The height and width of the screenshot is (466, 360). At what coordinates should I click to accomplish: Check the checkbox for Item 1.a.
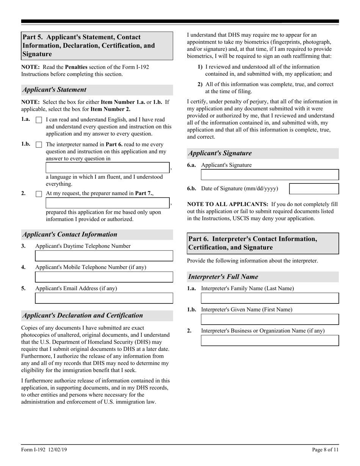point(39,120)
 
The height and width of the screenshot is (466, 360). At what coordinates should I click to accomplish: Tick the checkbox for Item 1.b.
point(39,145)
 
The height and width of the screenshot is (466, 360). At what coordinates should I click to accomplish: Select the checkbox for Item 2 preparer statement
point(39,194)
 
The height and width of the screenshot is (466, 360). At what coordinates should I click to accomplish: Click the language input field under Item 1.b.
point(108,167)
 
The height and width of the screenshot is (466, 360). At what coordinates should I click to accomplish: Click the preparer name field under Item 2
point(108,203)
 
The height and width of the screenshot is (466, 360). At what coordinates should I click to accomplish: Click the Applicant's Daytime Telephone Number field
point(104,256)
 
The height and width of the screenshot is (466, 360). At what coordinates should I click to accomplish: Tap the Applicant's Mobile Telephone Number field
point(104,277)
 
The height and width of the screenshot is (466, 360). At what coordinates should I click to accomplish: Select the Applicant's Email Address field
point(104,299)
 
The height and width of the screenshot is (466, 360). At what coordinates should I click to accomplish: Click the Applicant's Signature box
point(269,175)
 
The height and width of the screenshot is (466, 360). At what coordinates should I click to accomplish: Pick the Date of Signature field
point(314,189)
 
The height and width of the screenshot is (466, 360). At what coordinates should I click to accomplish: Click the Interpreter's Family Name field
point(269,298)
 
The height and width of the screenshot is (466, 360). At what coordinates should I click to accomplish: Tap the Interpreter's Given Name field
point(269,319)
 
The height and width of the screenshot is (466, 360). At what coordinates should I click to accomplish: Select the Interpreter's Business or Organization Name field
point(269,341)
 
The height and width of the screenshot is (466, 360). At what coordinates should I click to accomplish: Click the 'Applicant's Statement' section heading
point(54,90)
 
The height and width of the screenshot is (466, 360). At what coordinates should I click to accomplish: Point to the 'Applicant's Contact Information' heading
point(70,235)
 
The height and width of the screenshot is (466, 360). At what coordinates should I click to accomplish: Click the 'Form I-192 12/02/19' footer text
point(44,450)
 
